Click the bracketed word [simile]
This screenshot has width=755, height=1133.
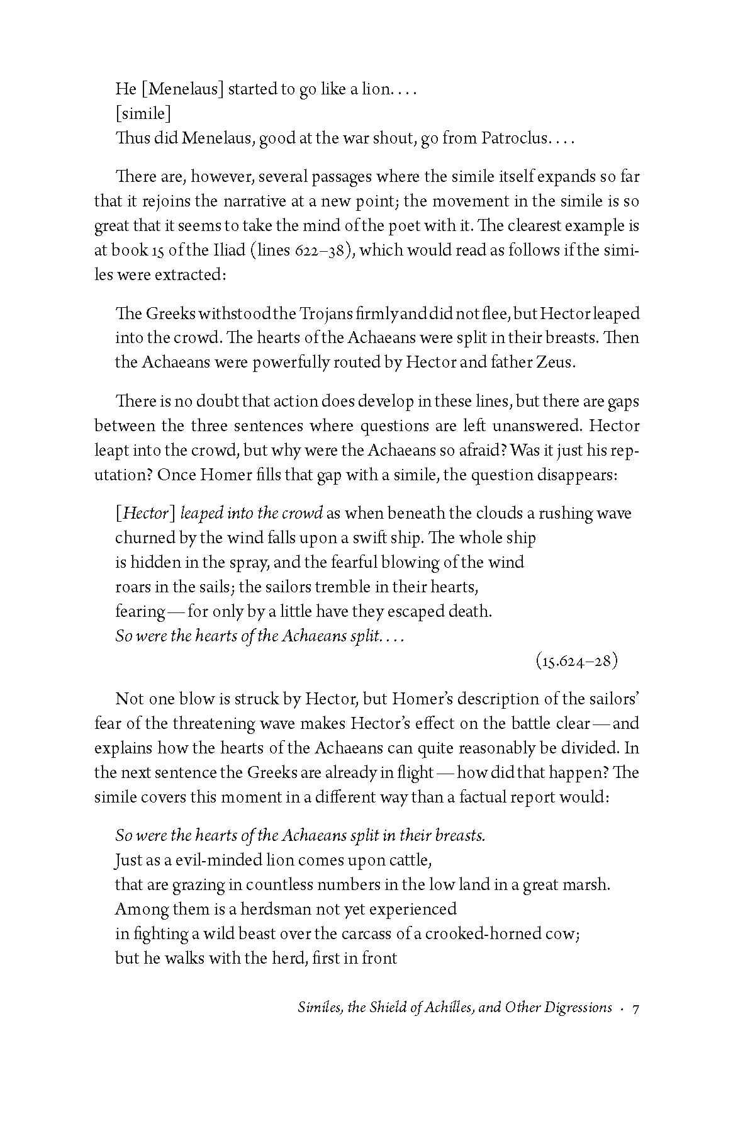[143, 114]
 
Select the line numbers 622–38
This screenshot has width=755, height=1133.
[322, 251]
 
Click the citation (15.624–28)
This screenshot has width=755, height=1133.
[577, 661]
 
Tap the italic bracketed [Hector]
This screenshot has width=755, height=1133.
[143, 514]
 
